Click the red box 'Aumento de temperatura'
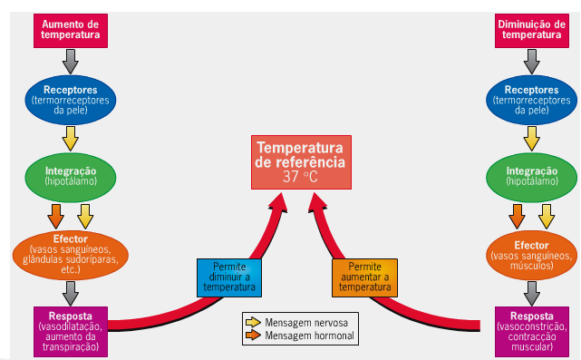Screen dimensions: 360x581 click(71, 29)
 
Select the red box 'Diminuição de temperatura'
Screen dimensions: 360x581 click(531, 29)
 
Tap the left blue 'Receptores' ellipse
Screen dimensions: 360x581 click(71, 98)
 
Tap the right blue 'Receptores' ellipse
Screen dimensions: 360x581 click(531, 98)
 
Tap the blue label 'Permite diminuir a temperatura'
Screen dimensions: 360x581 click(229, 277)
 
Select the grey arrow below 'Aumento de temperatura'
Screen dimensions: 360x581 click(71, 62)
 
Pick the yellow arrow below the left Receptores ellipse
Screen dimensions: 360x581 click(71, 139)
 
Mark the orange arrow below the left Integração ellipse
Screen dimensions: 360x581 click(55, 216)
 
